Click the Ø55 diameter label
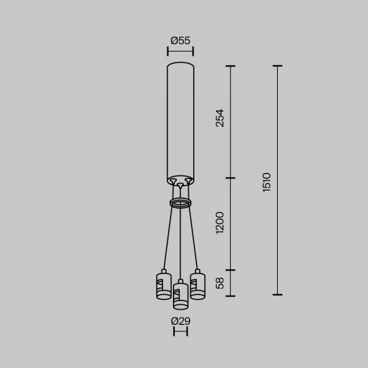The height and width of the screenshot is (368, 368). click(x=180, y=40)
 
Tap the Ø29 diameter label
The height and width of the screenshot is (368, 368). click(x=180, y=321)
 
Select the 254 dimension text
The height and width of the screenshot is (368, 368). click(x=220, y=118)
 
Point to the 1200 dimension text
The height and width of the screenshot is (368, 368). click(x=220, y=223)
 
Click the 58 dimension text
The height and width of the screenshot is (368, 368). click(x=220, y=283)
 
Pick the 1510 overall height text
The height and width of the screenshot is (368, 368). click(x=267, y=183)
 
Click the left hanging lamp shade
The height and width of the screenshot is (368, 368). click(x=164, y=286)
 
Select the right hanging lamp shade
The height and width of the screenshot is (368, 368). click(x=197, y=286)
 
